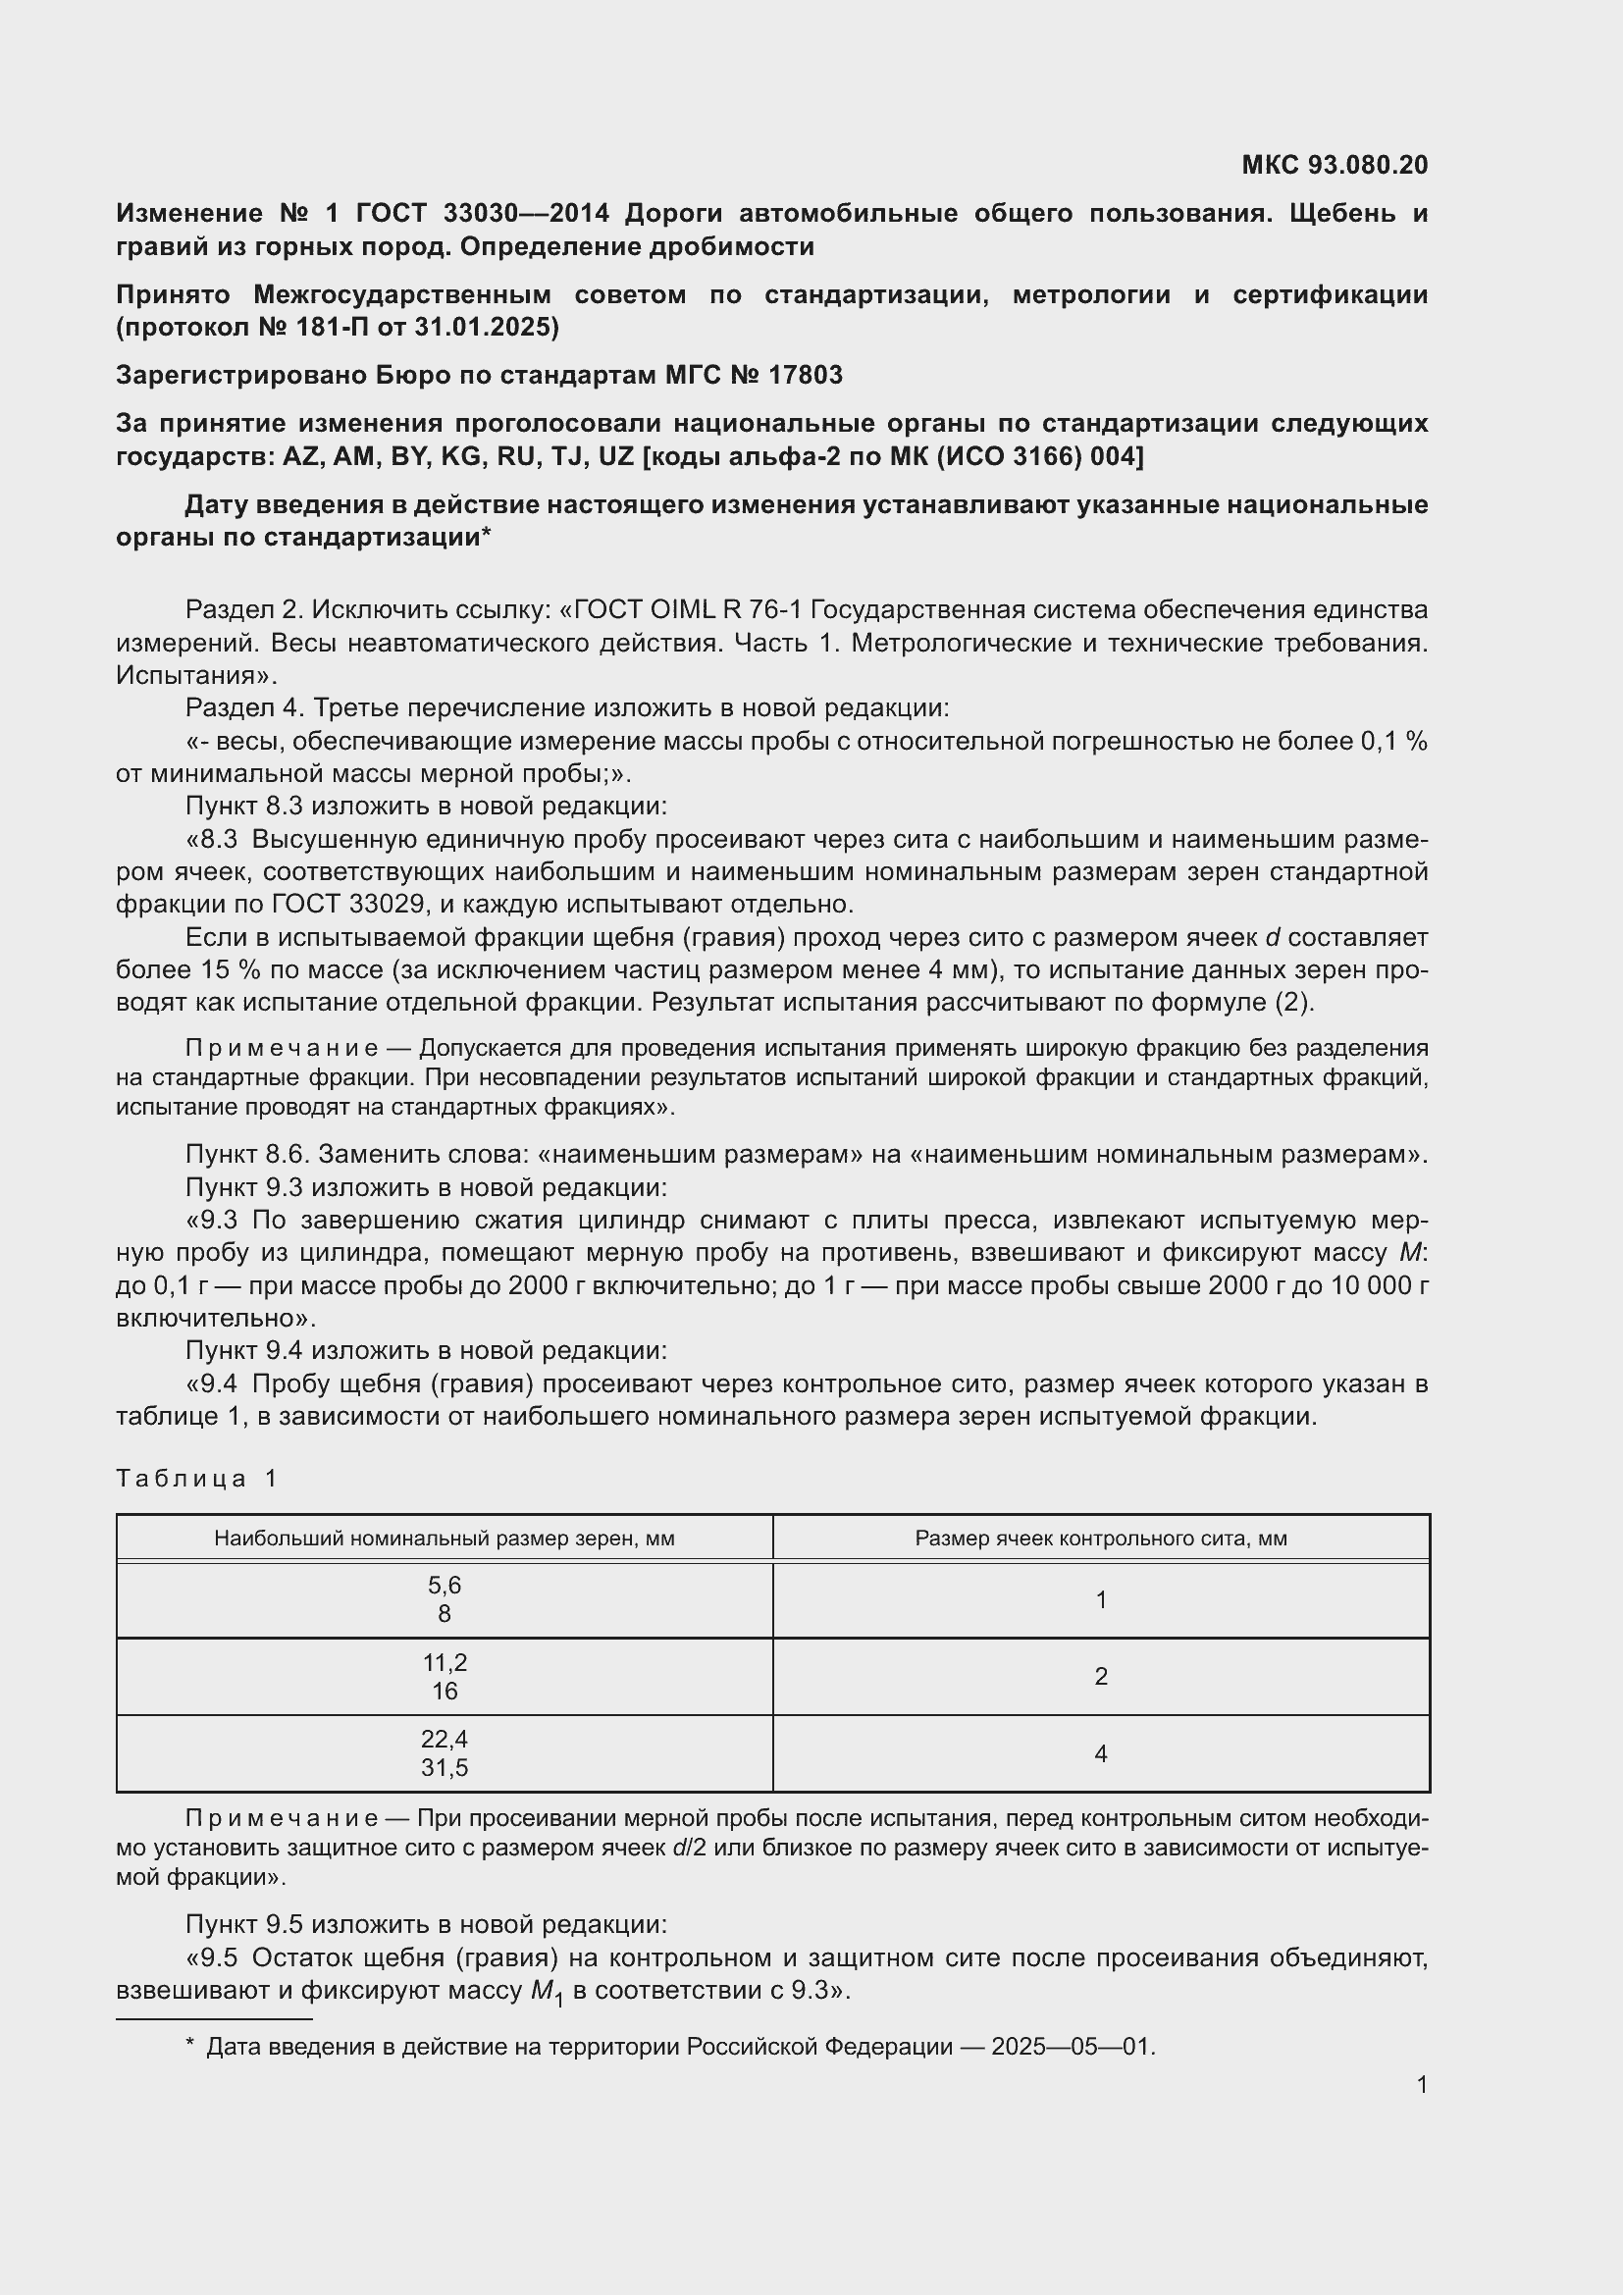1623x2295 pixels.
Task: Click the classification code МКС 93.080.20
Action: pos(1335,165)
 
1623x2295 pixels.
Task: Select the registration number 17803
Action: pos(806,375)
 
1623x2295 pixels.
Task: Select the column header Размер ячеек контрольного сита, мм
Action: pos(1100,1539)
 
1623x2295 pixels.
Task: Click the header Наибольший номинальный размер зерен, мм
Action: pos(444,1539)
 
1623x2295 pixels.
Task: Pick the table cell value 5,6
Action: pos(444,1586)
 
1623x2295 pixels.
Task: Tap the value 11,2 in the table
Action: pos(444,1662)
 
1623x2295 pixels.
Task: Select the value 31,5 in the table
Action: pos(444,1767)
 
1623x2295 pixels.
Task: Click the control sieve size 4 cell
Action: pos(1100,1753)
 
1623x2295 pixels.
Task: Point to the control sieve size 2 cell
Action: pos(1100,1676)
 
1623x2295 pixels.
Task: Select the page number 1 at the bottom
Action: pos(1421,2084)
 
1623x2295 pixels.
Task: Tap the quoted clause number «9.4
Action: pos(213,1384)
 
